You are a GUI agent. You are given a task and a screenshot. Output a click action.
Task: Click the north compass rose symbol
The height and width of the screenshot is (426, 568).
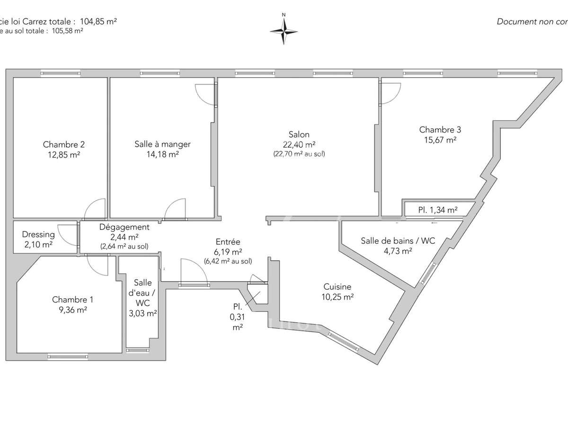284,31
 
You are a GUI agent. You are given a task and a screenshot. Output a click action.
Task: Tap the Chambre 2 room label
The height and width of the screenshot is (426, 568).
64,144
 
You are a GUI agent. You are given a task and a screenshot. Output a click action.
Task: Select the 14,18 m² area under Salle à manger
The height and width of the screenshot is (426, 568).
162,154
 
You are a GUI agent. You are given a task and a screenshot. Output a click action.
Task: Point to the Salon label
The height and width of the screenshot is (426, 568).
299,135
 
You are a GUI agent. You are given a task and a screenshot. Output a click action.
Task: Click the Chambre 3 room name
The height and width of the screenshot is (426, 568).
440,130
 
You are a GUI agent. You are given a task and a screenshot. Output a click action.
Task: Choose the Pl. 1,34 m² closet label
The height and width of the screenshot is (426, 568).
437,210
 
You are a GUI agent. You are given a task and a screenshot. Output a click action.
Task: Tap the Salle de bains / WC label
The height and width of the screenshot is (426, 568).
398,241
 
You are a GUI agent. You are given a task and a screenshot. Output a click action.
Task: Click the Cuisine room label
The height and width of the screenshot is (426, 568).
337,286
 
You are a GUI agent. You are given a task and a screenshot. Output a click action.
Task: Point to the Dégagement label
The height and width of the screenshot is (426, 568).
124,227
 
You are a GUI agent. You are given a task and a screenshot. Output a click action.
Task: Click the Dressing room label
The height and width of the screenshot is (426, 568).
38,234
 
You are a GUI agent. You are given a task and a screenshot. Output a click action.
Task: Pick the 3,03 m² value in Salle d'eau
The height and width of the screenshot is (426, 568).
143,313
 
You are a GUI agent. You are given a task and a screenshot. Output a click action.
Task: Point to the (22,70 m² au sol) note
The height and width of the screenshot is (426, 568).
299,154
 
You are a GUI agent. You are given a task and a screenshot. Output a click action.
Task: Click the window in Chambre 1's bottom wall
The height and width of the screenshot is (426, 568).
68,356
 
